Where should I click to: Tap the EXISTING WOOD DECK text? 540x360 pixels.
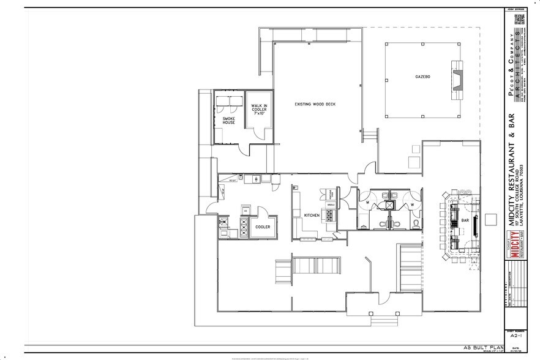(x=315, y=103)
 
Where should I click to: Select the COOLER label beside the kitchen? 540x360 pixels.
(x=263, y=227)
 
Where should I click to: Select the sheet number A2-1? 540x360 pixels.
(x=515, y=336)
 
